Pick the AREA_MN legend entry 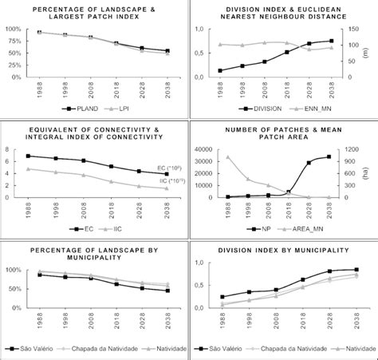pyautogui.click(x=309, y=227)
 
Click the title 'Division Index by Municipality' pyautogui.click(x=283, y=250)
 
